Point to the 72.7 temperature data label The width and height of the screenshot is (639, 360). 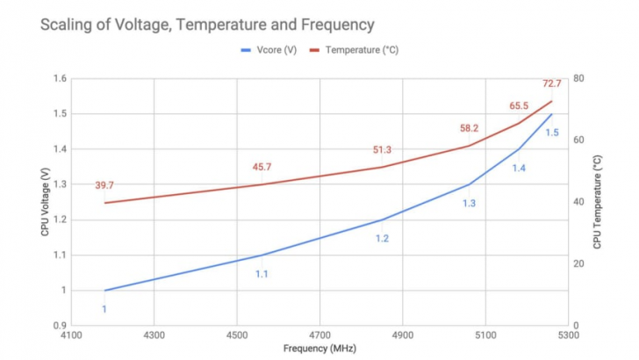[551, 83]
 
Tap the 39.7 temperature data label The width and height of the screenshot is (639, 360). [104, 185]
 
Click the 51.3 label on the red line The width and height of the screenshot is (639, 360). [382, 150]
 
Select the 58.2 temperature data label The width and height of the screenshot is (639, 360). [469, 128]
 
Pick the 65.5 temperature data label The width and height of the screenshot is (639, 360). [519, 106]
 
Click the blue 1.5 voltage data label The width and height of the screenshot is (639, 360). [552, 133]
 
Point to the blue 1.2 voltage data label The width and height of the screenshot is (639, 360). [382, 238]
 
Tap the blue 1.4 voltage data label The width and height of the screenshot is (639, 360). [519, 168]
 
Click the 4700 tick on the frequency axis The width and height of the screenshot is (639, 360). [319, 335]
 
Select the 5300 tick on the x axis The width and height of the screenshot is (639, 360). [569, 335]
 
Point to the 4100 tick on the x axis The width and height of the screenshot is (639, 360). [71, 335]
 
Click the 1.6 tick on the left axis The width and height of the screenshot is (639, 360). [61, 78]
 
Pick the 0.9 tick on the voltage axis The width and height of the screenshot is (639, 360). [61, 325]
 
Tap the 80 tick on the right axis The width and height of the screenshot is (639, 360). [578, 78]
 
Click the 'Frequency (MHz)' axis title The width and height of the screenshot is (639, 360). [319, 349]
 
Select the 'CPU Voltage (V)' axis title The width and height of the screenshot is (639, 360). [45, 202]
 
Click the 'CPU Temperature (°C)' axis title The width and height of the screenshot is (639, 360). [598, 202]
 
